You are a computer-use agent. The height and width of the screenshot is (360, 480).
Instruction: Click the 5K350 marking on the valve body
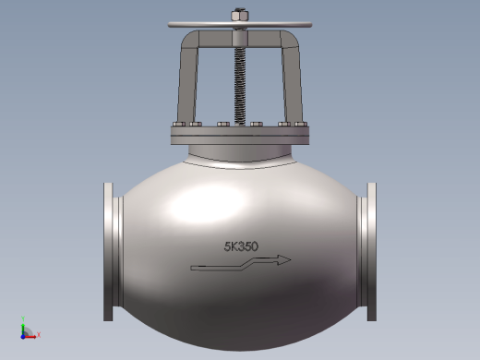pos(241,246)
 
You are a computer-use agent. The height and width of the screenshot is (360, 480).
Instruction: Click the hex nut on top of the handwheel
pos(240,15)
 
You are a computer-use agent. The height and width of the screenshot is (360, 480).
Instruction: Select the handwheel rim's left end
pos(169,25)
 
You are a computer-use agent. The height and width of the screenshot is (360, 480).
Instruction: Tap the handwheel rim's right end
pos(311,25)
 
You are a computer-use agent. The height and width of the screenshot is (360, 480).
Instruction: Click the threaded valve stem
pos(240,86)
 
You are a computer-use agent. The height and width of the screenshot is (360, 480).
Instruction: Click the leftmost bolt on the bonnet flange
pos(179,124)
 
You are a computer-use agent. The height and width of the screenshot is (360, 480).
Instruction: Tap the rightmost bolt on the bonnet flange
pos(301,124)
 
